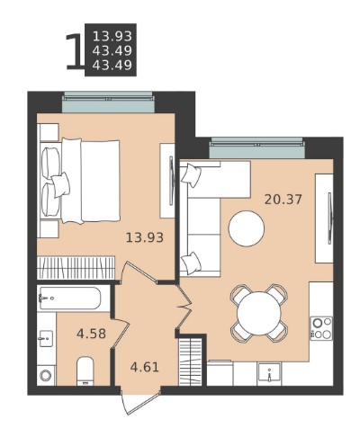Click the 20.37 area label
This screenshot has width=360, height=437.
pyautogui.click(x=283, y=200)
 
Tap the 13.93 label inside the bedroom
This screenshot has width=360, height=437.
pyautogui.click(x=145, y=237)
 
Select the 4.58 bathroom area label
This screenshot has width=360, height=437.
pyautogui.click(x=91, y=334)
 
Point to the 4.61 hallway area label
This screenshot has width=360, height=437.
pyautogui.click(x=145, y=367)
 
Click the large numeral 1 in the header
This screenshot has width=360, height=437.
pyautogui.click(x=74, y=51)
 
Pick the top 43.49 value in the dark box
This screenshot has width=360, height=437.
pyautogui.click(x=112, y=51)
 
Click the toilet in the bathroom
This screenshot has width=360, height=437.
pyautogui.click(x=85, y=370)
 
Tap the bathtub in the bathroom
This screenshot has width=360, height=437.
pyautogui.click(x=69, y=299)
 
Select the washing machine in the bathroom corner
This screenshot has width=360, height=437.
pyautogui.click(x=47, y=376)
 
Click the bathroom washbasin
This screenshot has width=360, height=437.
pyautogui.click(x=47, y=339)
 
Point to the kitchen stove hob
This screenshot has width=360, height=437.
pyautogui.click(x=321, y=328)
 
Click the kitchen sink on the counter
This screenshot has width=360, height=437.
pyautogui.click(x=269, y=373)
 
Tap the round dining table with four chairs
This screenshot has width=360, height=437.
pyautogui.click(x=259, y=313)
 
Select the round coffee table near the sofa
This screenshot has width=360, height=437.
pyautogui.click(x=247, y=228)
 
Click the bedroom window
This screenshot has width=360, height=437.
pyautogui.click(x=109, y=102)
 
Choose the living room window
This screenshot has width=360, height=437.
pyautogui.click(x=257, y=147)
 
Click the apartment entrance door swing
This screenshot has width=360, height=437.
pyautogui.click(x=140, y=402)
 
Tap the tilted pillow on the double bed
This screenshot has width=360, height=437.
pyautogui.click(x=61, y=184)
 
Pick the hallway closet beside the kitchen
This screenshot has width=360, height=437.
pyautogui.click(x=190, y=361)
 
